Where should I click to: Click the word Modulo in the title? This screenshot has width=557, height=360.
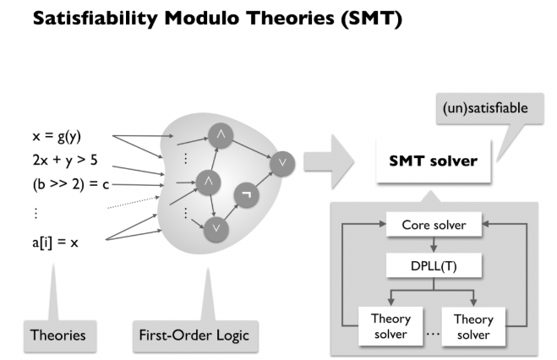click(x=203, y=18)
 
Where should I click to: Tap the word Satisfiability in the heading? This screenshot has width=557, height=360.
click(x=96, y=19)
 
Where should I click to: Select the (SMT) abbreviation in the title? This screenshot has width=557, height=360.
click(x=371, y=19)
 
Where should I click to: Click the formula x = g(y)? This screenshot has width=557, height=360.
click(x=57, y=136)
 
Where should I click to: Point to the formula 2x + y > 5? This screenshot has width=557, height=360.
click(x=65, y=160)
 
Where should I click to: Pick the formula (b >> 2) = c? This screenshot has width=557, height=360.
click(x=71, y=184)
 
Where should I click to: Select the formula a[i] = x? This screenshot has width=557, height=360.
click(x=55, y=243)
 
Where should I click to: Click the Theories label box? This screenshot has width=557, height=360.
click(x=60, y=335)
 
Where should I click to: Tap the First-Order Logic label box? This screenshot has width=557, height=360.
click(x=195, y=335)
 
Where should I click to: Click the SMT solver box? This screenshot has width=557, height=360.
click(x=434, y=161)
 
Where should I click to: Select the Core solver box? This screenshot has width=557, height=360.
click(x=434, y=225)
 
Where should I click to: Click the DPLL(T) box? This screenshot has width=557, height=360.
click(x=434, y=265)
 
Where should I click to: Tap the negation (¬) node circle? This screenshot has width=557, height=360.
click(x=246, y=194)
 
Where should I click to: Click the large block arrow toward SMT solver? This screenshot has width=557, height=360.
click(x=329, y=161)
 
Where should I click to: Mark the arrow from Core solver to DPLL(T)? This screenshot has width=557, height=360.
click(x=434, y=244)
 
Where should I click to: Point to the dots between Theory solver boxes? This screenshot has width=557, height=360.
click(x=433, y=334)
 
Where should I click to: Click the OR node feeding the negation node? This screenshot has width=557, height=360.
click(x=216, y=229)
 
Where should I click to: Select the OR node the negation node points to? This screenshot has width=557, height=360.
click(x=282, y=164)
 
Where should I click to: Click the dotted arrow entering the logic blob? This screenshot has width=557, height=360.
click(x=134, y=202)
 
